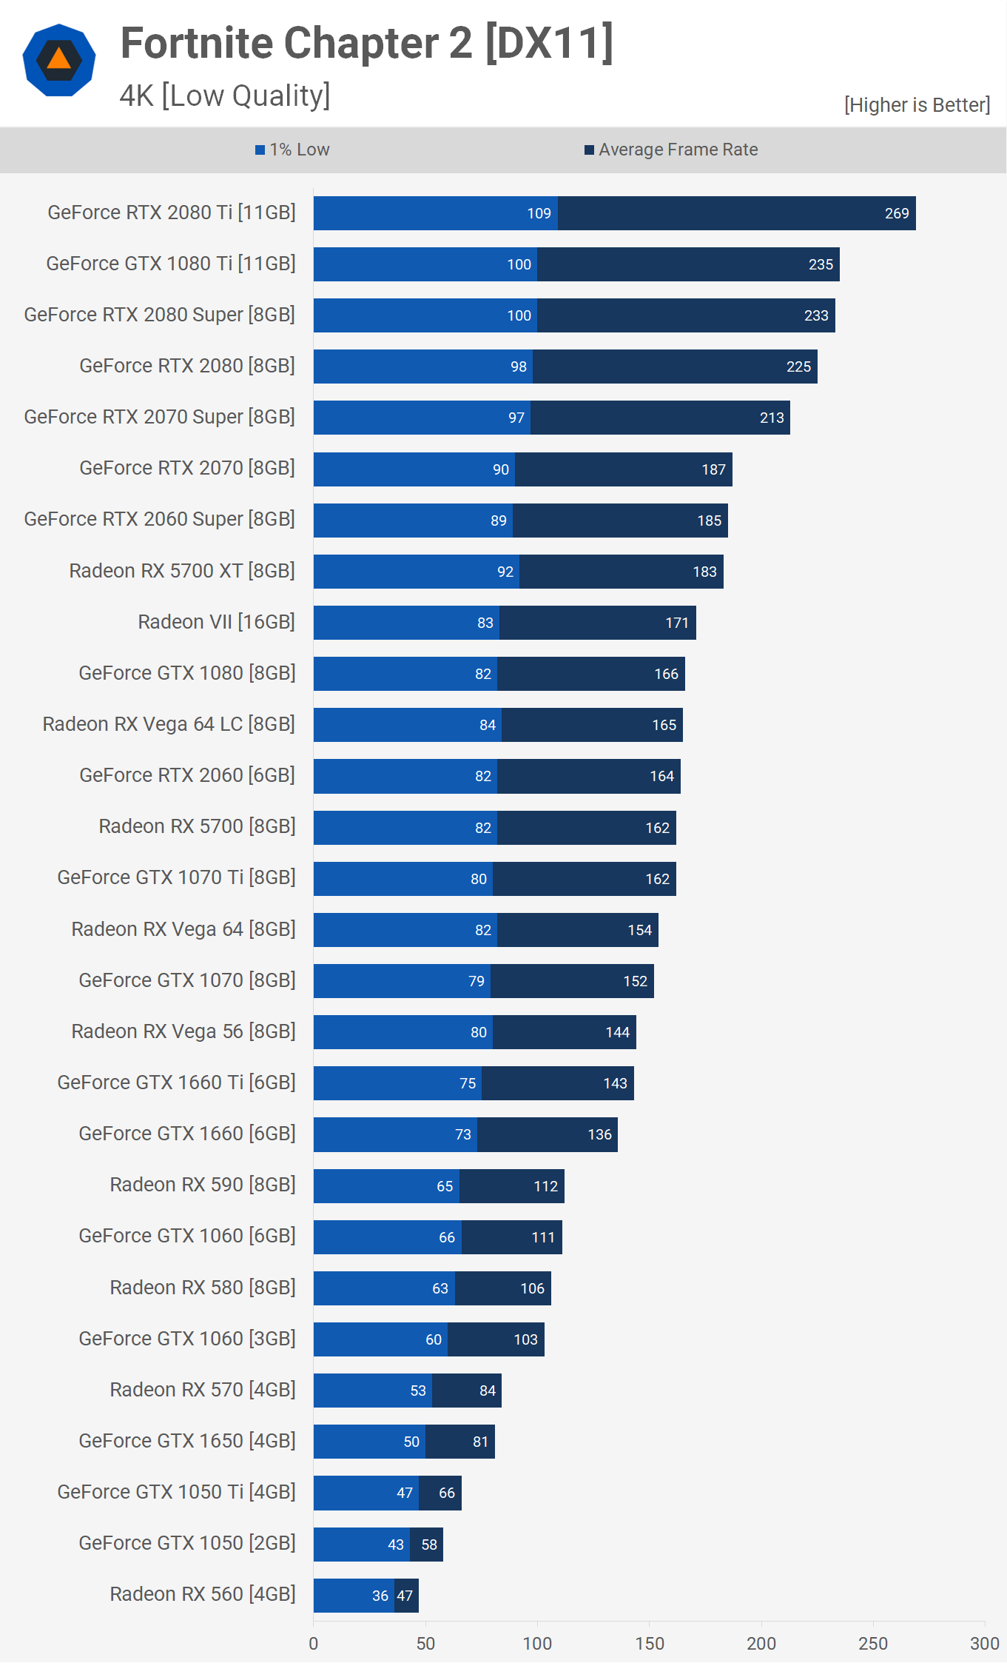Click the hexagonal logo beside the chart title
tap(59, 60)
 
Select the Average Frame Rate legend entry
tap(671, 150)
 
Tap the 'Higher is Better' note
tap(917, 105)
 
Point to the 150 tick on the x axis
tap(649, 1644)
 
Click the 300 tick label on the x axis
tap(984, 1644)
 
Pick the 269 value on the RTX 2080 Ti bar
tap(897, 214)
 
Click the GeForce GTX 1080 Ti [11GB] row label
tap(171, 264)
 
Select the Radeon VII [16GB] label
tap(216, 622)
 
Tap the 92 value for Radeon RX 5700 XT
tap(505, 572)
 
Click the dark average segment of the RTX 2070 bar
tap(623, 469)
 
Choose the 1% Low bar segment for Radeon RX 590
tap(385, 1186)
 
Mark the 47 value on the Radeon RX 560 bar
tap(405, 1596)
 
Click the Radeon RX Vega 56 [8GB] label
tap(183, 1031)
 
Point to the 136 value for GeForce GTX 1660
tap(599, 1134)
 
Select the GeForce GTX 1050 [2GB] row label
tap(187, 1543)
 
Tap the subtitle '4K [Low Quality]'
tap(225, 96)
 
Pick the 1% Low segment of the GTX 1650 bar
tap(368, 1442)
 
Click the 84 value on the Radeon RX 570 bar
tap(487, 1391)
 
